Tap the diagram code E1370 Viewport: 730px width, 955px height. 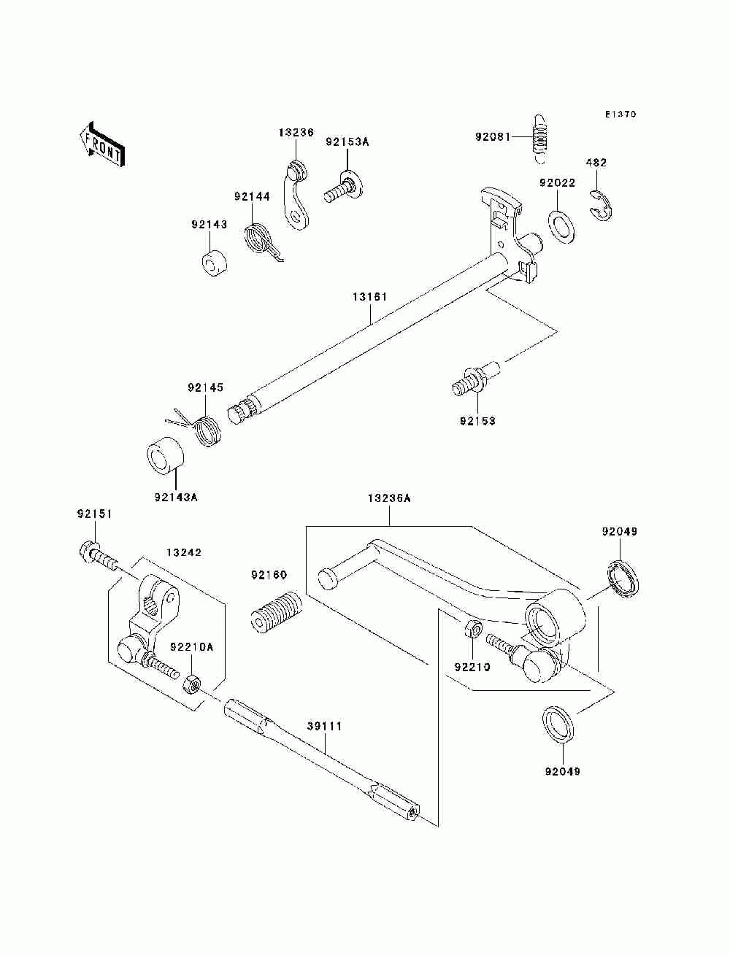point(620,115)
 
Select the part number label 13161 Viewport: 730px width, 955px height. point(370,297)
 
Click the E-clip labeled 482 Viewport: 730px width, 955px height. point(601,204)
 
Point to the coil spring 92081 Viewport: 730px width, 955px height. point(539,139)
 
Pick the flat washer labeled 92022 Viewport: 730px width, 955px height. point(561,226)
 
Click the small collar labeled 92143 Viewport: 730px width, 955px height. point(214,263)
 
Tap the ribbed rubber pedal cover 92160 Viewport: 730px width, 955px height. point(276,612)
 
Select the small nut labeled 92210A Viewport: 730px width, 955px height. point(191,685)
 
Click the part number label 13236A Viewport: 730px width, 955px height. point(388,498)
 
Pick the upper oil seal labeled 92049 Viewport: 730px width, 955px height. point(623,579)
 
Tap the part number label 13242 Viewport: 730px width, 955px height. point(184,552)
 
